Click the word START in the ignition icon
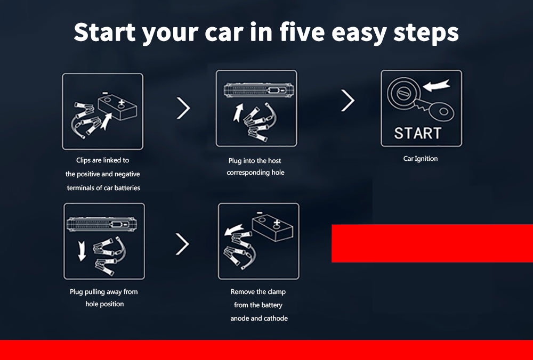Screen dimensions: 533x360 click(418, 133)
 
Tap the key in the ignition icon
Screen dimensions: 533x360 click(435, 109)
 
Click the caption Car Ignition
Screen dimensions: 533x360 click(421, 159)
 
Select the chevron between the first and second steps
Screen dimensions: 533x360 click(183, 108)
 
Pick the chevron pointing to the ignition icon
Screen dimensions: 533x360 click(348, 100)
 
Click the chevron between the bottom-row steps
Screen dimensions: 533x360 click(182, 244)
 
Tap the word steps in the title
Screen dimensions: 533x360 click(426, 33)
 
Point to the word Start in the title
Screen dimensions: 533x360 click(104, 32)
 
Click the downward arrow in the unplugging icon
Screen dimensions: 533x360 click(82, 251)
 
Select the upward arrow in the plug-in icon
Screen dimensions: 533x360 click(238, 112)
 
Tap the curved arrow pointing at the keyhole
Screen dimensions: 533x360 click(437, 85)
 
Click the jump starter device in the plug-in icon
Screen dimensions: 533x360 click(259, 90)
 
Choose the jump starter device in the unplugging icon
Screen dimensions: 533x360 click(102, 224)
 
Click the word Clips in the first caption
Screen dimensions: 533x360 click(83, 160)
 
